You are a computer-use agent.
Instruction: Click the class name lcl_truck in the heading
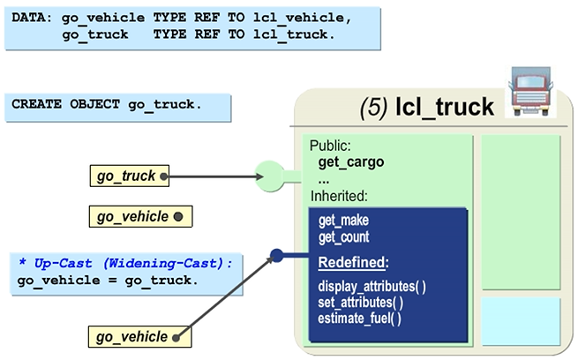pos(444,108)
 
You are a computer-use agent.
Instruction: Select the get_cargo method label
pos(350,162)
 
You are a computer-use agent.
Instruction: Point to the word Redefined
pos(354,263)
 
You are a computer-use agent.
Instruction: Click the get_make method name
pos(343,221)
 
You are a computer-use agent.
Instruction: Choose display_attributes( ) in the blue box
pos(372,287)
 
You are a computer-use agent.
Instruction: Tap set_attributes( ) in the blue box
pos(361,303)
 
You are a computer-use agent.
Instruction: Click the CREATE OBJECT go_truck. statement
pos(107,104)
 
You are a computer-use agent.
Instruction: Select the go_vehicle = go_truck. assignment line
pos(107,281)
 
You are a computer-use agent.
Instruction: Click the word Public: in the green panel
pos(331,146)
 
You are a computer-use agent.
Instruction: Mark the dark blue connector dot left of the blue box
pos(276,256)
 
